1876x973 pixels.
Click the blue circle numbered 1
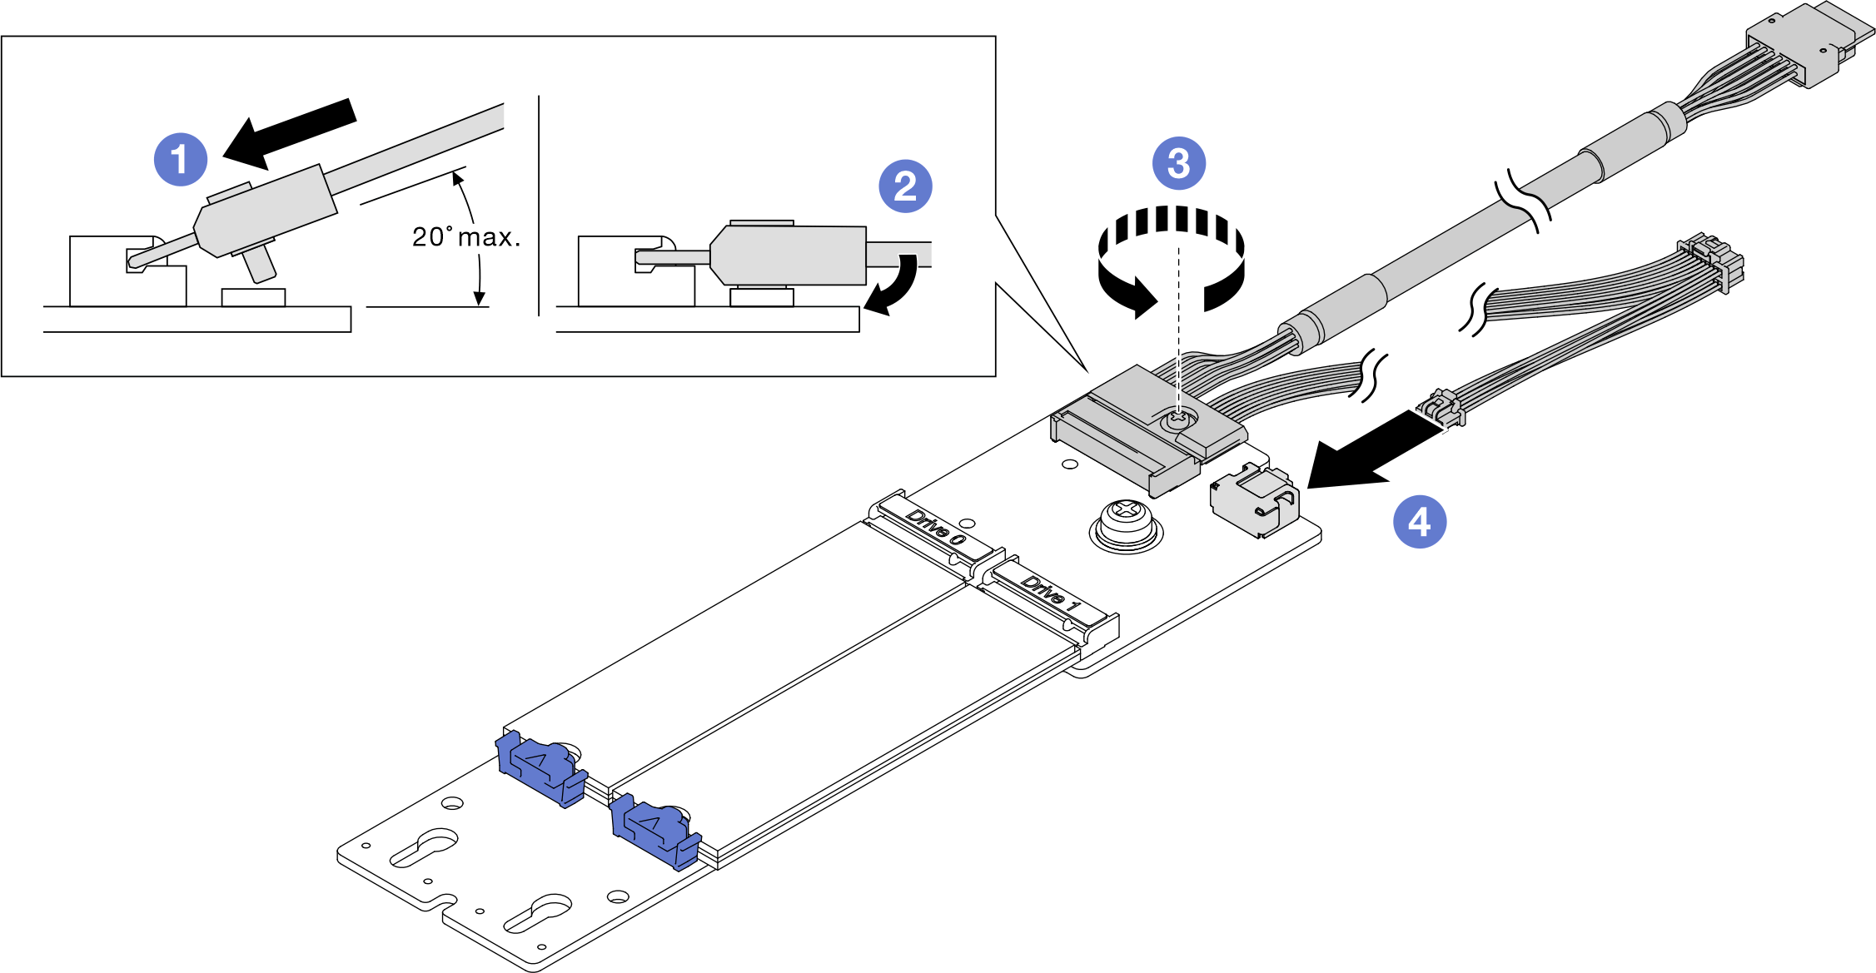(x=181, y=159)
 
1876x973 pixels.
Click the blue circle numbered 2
(x=905, y=186)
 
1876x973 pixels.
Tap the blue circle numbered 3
(x=1178, y=163)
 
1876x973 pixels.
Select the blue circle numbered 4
(x=1420, y=522)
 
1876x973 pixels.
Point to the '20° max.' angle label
(x=466, y=237)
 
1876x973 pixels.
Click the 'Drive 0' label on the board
(x=936, y=528)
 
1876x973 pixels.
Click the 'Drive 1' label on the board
(x=1051, y=593)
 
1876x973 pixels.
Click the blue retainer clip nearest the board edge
(x=654, y=832)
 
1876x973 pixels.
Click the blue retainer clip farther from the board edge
(x=540, y=766)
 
